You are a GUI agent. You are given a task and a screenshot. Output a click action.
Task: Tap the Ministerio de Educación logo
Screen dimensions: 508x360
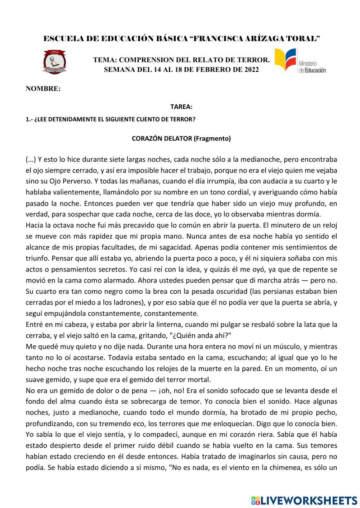tap(300, 61)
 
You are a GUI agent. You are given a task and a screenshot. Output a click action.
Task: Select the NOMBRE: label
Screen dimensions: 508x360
tap(43, 89)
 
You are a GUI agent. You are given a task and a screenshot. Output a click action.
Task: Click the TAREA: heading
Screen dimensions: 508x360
tap(181, 107)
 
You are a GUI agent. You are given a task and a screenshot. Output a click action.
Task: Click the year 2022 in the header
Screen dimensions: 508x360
tap(251, 70)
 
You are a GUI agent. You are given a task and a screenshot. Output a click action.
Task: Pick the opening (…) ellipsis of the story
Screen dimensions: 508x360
tap(31, 159)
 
